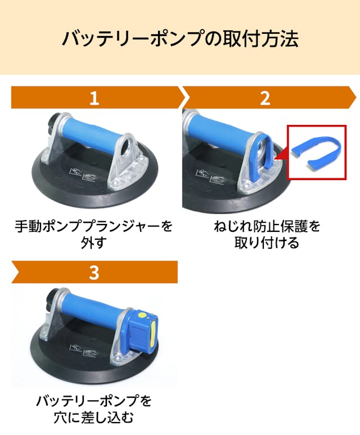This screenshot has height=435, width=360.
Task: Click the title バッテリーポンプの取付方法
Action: (180, 38)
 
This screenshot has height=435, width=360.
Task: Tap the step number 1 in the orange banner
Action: (94, 98)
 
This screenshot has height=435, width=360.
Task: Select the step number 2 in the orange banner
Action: (265, 98)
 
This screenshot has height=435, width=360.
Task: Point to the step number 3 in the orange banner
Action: (94, 272)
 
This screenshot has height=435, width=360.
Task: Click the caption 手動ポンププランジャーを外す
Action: (94, 235)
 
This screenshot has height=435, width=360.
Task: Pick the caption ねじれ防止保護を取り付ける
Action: (267, 235)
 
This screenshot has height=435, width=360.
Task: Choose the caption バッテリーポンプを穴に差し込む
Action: (94, 409)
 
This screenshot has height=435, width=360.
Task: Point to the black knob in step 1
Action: (53, 124)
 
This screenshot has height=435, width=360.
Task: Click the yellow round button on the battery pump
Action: (142, 315)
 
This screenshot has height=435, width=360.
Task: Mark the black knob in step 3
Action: (53, 299)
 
